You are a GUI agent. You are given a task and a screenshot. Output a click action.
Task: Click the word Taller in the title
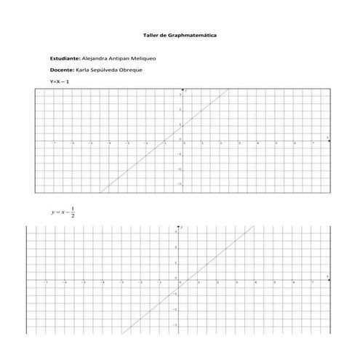point(152,34)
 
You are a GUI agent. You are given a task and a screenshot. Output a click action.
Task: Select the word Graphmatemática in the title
point(192,34)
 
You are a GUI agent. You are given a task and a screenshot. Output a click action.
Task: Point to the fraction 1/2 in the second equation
point(73,212)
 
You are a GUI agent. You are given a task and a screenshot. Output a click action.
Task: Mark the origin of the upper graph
point(182,141)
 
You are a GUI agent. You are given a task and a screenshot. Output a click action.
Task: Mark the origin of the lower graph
point(178,279)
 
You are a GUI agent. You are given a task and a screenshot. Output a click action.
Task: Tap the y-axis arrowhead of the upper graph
point(182,90)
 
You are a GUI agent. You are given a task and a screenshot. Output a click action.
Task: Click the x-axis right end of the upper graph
point(329,141)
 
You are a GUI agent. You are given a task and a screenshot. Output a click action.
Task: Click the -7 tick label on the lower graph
point(45,282)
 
